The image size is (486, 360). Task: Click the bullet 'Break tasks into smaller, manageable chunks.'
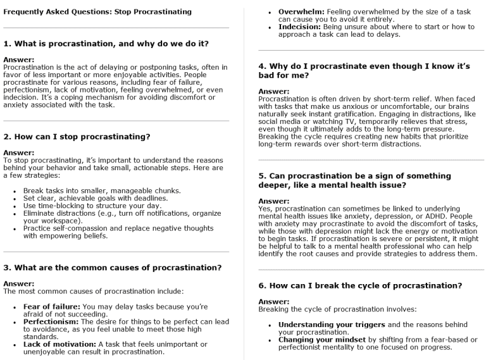pyautogui.click(x=101, y=190)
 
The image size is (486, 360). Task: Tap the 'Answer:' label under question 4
pyautogui.click(x=270, y=91)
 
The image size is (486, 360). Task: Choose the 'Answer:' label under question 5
pyautogui.click(x=270, y=201)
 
